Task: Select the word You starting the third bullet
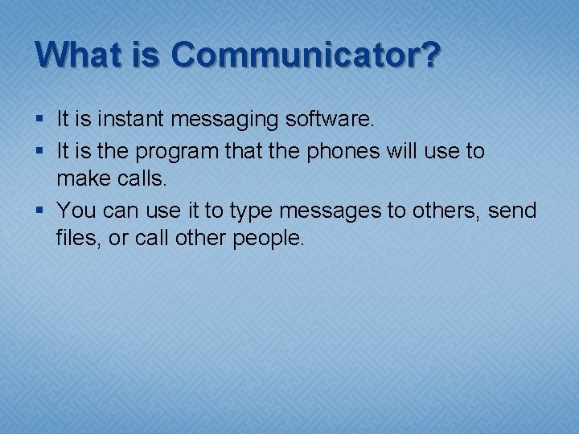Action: (x=76, y=211)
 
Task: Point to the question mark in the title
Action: (x=430, y=55)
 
